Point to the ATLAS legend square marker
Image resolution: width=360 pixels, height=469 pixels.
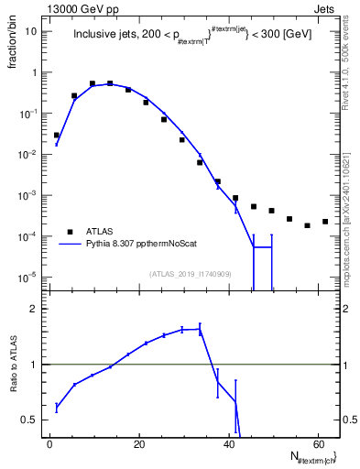(70, 232)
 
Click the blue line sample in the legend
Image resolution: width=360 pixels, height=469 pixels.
(70, 245)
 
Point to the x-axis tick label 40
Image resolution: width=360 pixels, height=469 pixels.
(228, 444)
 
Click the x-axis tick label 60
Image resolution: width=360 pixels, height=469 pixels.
(317, 444)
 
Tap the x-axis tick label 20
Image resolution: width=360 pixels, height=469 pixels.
(139, 444)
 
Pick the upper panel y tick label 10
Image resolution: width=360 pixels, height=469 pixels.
(31, 32)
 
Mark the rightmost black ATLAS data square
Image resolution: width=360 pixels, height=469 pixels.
(325, 222)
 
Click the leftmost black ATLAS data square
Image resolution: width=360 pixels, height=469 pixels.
(57, 135)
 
